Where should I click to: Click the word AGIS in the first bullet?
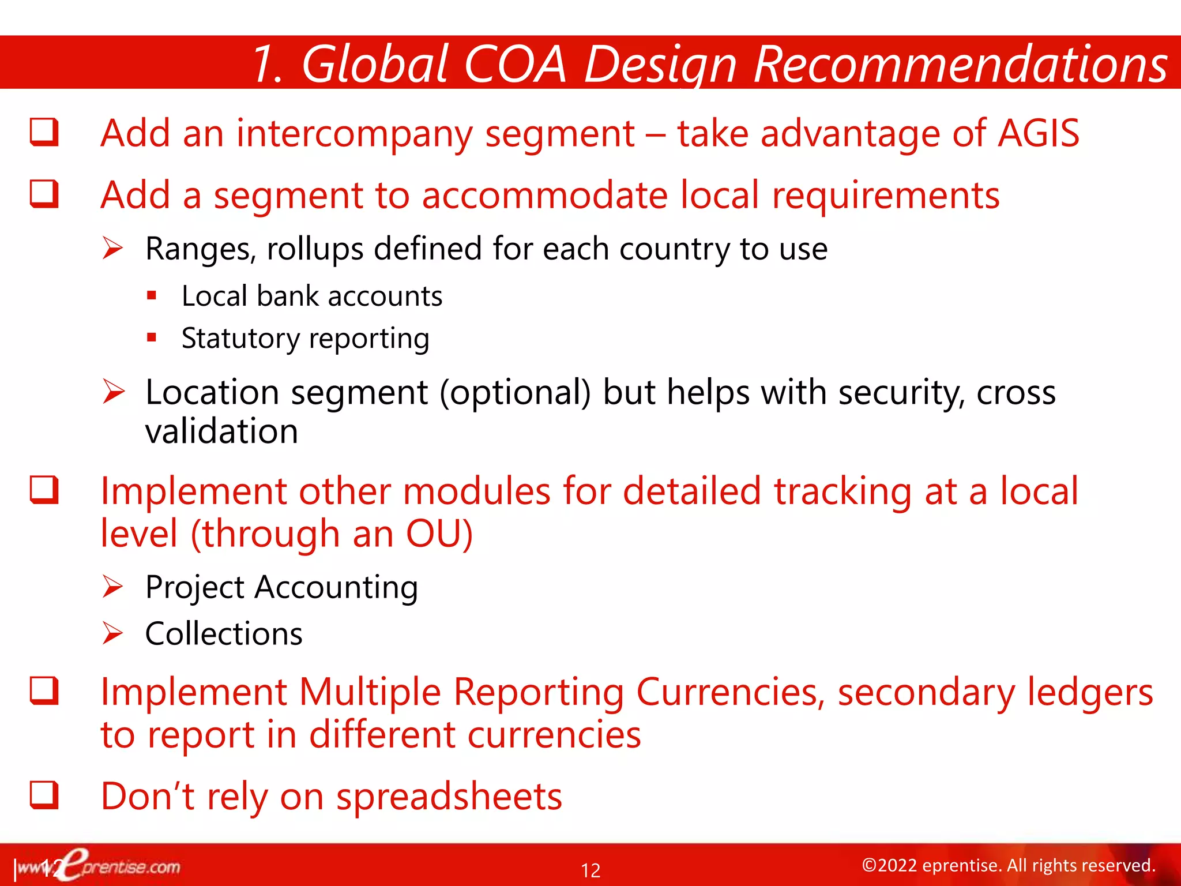click(x=1038, y=134)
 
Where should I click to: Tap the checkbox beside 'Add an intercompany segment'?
click(x=44, y=132)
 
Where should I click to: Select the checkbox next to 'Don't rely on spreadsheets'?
click(x=44, y=795)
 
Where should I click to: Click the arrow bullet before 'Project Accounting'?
click(x=112, y=587)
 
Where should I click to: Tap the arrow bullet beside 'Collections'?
click(x=112, y=633)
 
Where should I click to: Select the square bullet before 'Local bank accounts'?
click(x=152, y=296)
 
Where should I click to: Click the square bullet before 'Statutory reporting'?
click(x=152, y=338)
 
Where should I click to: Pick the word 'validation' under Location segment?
click(x=221, y=431)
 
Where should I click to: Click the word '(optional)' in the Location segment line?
click(x=515, y=393)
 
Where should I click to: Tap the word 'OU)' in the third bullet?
click(x=439, y=534)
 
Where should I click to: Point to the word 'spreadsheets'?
click(x=449, y=796)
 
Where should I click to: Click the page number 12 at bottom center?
click(x=590, y=870)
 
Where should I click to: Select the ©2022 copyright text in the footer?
click(x=1008, y=865)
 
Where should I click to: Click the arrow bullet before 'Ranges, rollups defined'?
click(x=112, y=249)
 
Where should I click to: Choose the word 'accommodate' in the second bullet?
click(x=544, y=195)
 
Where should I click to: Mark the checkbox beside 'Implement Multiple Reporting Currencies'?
click(x=44, y=690)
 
